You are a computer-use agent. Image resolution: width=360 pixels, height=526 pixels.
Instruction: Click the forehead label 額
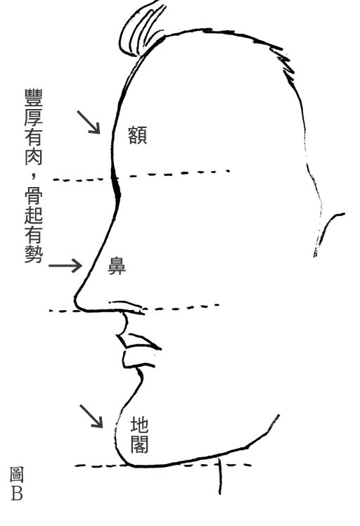click(x=138, y=135)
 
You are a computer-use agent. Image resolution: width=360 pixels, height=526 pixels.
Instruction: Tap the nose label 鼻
click(x=117, y=266)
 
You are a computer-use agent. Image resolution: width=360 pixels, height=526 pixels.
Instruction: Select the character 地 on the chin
click(x=139, y=425)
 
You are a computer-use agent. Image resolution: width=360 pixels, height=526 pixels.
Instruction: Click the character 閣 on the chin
click(x=139, y=444)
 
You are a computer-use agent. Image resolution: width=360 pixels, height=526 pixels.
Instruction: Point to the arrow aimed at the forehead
click(x=89, y=122)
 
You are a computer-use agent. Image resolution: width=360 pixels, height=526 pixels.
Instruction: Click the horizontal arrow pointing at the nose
click(x=65, y=266)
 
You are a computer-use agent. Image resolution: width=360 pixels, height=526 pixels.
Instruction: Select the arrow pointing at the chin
click(x=91, y=416)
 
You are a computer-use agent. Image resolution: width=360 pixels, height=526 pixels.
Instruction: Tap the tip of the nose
click(x=76, y=298)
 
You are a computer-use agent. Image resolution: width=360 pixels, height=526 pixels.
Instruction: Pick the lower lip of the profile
click(x=136, y=359)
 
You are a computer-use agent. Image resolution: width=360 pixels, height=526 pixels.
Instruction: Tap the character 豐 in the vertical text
click(x=34, y=98)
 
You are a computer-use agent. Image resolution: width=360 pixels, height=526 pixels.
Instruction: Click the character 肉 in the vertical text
click(x=34, y=156)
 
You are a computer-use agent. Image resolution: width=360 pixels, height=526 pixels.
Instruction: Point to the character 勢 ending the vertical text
click(x=34, y=254)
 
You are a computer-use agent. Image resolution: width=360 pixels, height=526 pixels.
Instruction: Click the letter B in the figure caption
click(x=17, y=494)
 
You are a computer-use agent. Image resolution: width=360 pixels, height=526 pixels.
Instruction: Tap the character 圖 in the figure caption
click(x=16, y=475)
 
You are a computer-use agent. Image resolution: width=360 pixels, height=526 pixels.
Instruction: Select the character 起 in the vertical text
click(x=34, y=215)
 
